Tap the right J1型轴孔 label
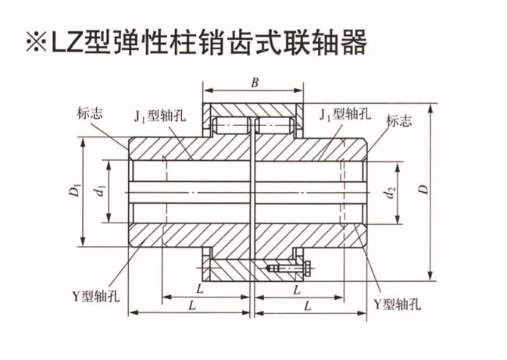345,114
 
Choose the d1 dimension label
102,191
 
